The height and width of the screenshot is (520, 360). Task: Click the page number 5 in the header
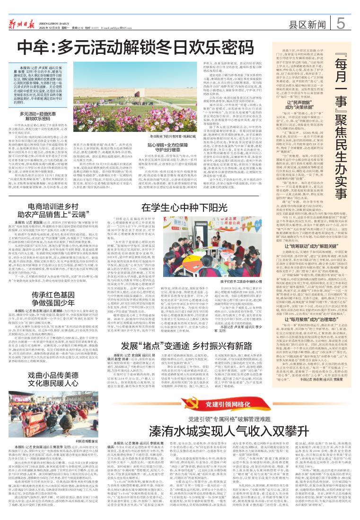click(x=341, y=22)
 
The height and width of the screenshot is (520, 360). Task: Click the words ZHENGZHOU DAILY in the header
click(x=58, y=15)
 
